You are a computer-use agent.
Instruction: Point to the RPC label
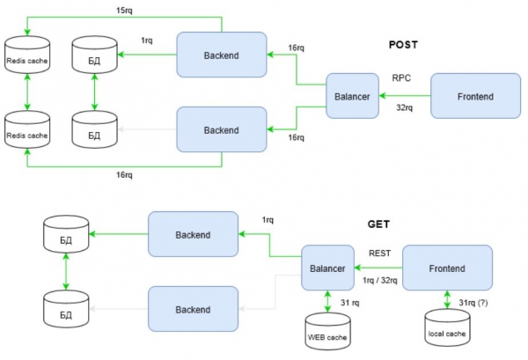(x=401, y=78)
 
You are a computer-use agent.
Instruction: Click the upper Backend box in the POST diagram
(x=222, y=55)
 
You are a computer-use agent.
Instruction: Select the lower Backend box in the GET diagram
(x=193, y=309)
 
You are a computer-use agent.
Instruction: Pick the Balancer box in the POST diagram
(x=352, y=96)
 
